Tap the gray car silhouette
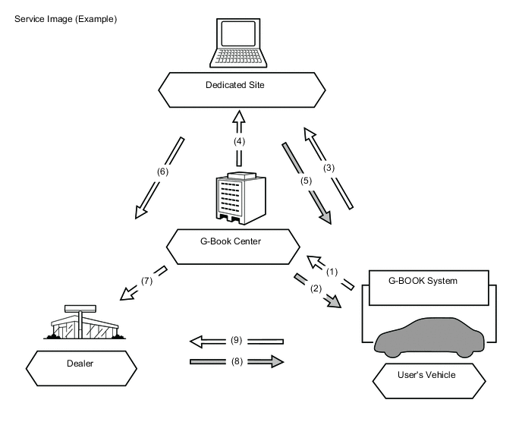429,335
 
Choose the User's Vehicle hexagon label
430,375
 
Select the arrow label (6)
162,171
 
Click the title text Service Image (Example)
61,18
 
